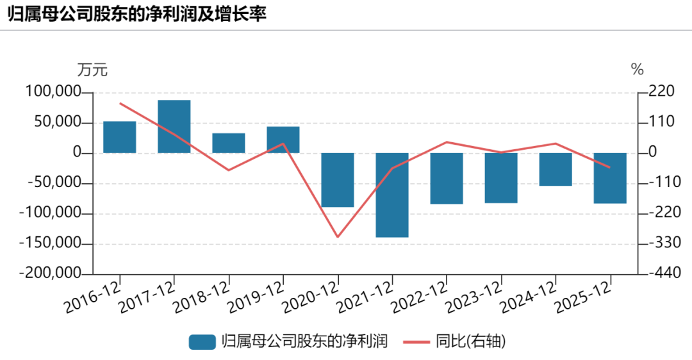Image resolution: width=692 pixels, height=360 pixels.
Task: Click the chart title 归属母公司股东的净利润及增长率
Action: click(137, 14)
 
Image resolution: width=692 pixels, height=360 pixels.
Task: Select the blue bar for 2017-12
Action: click(174, 127)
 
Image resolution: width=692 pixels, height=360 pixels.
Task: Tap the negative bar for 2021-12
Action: click(392, 195)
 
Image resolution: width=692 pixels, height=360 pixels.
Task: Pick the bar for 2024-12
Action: click(555, 169)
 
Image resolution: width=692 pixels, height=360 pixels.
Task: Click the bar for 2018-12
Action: click(229, 143)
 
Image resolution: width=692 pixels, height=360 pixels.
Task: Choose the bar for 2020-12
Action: click(338, 180)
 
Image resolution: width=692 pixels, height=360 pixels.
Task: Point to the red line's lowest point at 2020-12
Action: click(338, 237)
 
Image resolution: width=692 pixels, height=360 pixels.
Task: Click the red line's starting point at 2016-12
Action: click(120, 103)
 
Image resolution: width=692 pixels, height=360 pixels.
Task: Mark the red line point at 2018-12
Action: click(229, 170)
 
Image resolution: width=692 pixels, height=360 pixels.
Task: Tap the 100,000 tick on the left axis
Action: click(53, 92)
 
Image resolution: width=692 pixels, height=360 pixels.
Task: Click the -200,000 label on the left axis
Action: click(51, 273)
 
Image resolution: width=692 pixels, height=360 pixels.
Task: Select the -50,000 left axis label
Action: click(54, 182)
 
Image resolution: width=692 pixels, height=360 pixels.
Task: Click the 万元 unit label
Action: click(92, 70)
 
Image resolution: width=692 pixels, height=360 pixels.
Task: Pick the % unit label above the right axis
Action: click(638, 69)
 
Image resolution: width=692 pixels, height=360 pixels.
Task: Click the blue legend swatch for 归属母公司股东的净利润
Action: click(202, 342)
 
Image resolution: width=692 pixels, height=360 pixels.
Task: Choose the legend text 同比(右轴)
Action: click(471, 341)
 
